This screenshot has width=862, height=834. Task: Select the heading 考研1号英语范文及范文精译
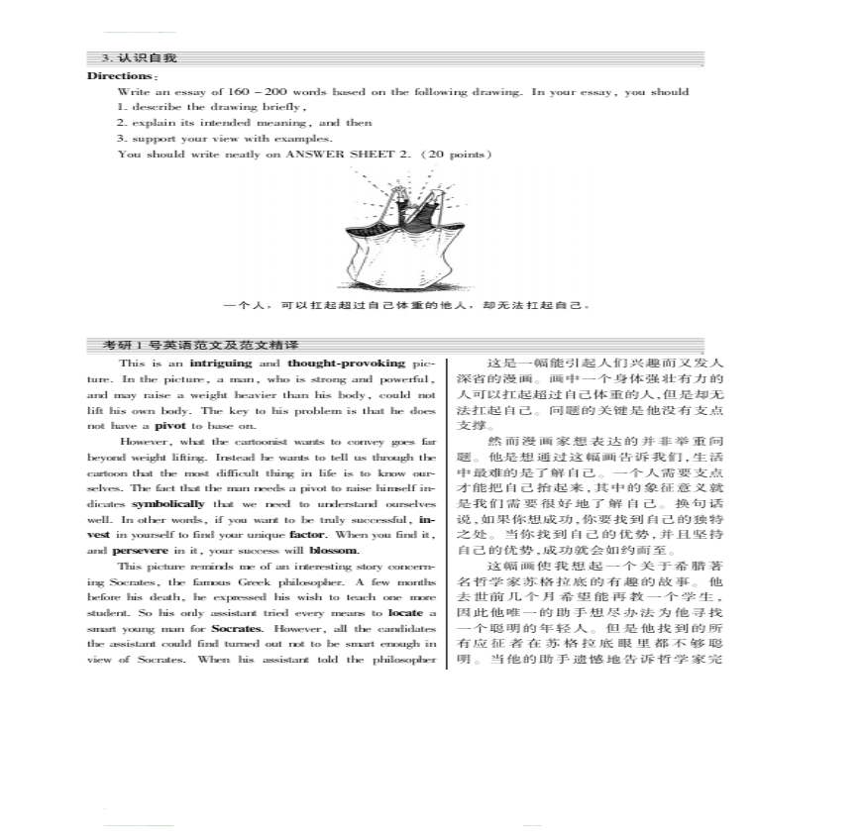pos(201,345)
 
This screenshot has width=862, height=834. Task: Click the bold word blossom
pos(334,551)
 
